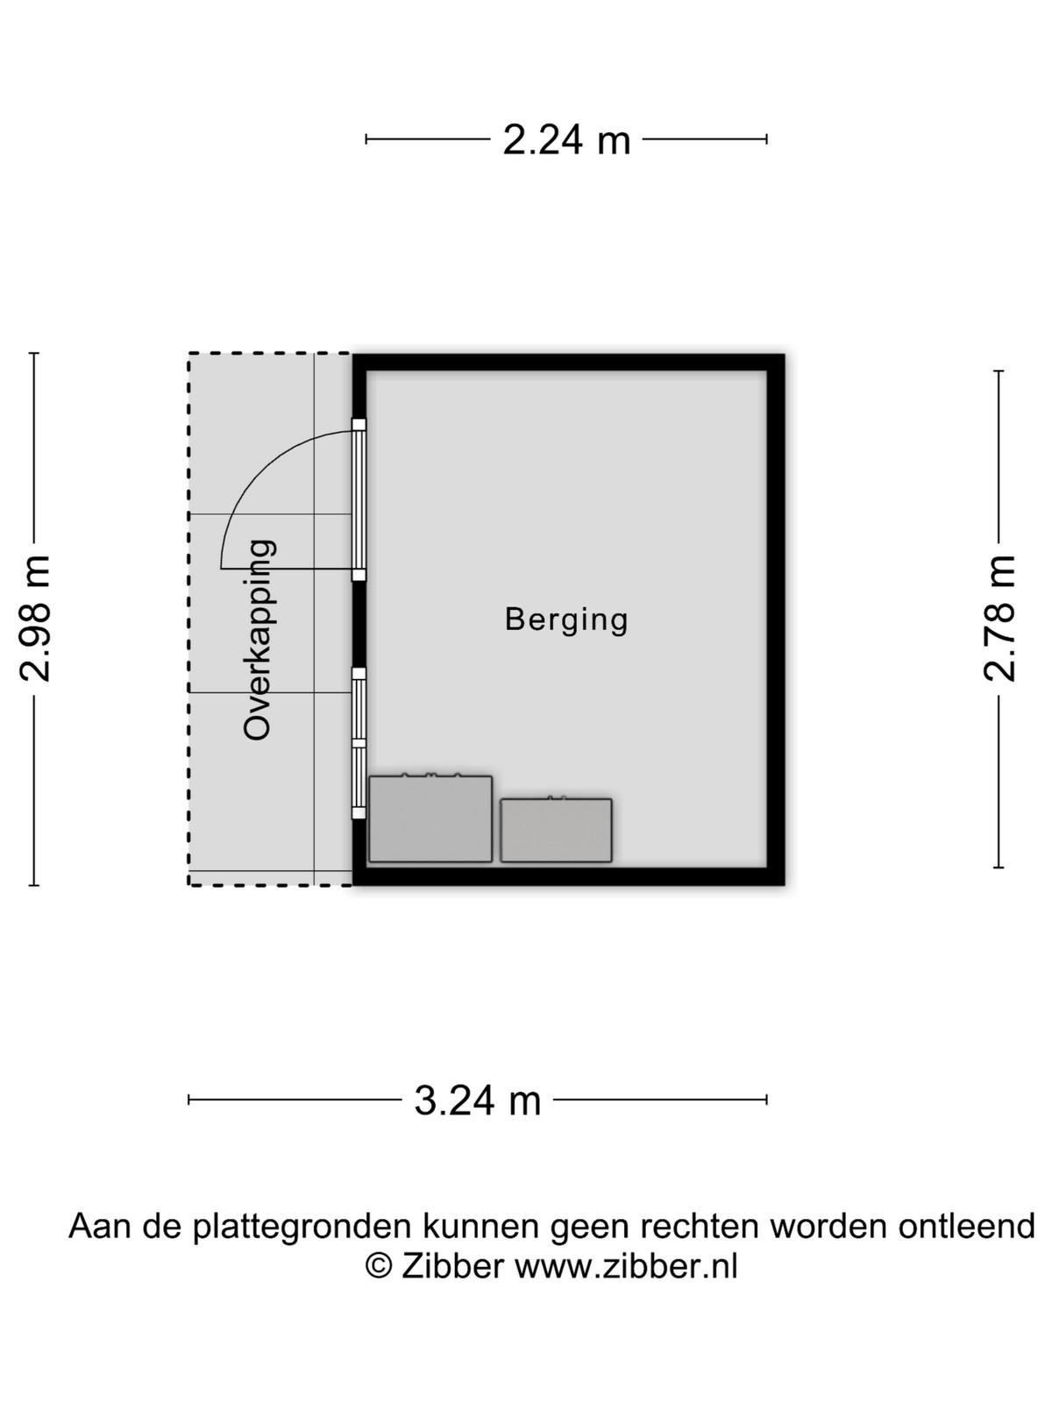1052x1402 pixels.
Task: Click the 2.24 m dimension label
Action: coord(566,140)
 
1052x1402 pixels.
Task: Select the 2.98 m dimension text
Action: coord(35,619)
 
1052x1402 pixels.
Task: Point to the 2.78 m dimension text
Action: coord(999,619)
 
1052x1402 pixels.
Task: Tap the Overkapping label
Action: coord(259,641)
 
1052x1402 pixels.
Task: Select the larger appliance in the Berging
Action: coord(430,818)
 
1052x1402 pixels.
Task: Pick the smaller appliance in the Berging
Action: coord(556,829)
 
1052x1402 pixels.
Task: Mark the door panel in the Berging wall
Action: coord(359,499)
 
